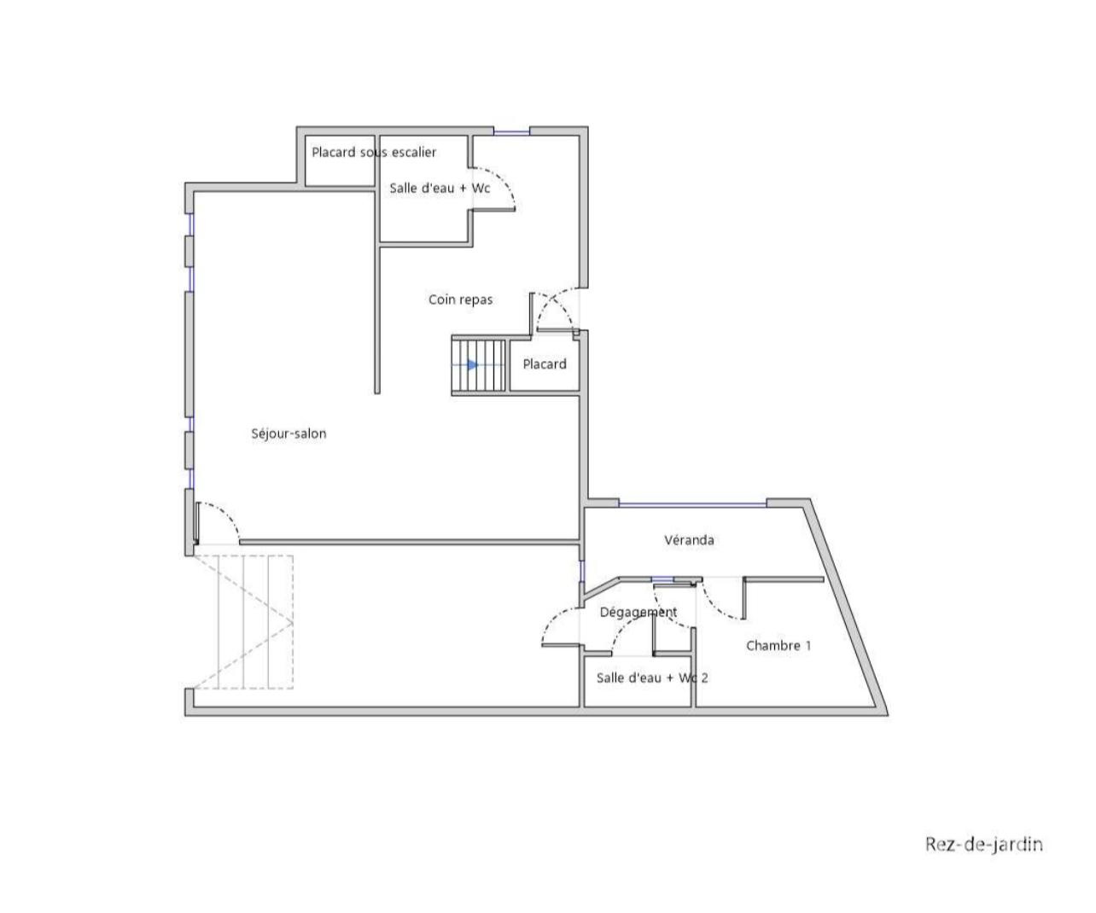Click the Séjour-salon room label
tap(289, 433)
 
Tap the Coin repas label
tap(460, 299)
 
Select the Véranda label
tap(689, 540)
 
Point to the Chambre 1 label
tap(778, 645)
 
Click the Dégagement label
tap(638, 612)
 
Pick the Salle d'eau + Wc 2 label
tap(652, 678)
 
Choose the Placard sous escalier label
tap(374, 152)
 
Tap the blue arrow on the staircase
tap(472, 364)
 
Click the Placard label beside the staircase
tap(545, 363)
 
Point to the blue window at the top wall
tap(511, 131)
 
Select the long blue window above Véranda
tap(692, 505)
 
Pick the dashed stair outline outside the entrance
tap(243, 622)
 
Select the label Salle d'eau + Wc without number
tap(440, 189)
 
